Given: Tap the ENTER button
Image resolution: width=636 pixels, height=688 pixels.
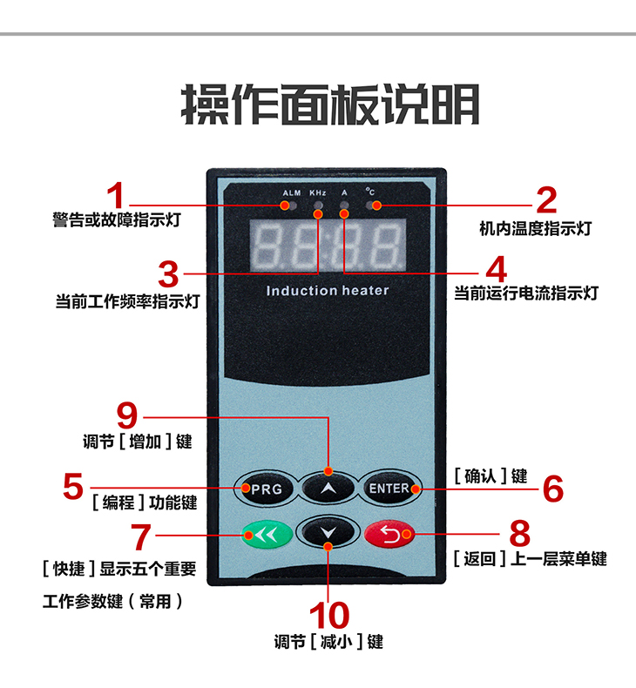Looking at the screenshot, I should coord(388,489).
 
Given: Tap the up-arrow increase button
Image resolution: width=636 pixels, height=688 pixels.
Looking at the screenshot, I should coord(327,489).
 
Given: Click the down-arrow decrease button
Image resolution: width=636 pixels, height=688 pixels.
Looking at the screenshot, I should coord(327,532).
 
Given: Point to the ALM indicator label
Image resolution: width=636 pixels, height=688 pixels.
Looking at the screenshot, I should coord(291,192).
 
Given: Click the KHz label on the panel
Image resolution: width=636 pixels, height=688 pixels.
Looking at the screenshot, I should coord(318,192).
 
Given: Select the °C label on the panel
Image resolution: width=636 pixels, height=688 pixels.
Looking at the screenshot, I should coord(370,192).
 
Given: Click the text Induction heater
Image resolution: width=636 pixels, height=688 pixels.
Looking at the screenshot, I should coord(327,290).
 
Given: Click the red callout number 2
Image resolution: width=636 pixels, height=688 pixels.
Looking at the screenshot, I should coord(546,200).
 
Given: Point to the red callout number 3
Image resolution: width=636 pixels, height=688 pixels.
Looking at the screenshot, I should coord(168,273).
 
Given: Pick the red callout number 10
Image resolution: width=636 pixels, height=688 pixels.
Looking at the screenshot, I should coord(328,615).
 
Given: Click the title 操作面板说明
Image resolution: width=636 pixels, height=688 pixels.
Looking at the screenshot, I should coord(330,105).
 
